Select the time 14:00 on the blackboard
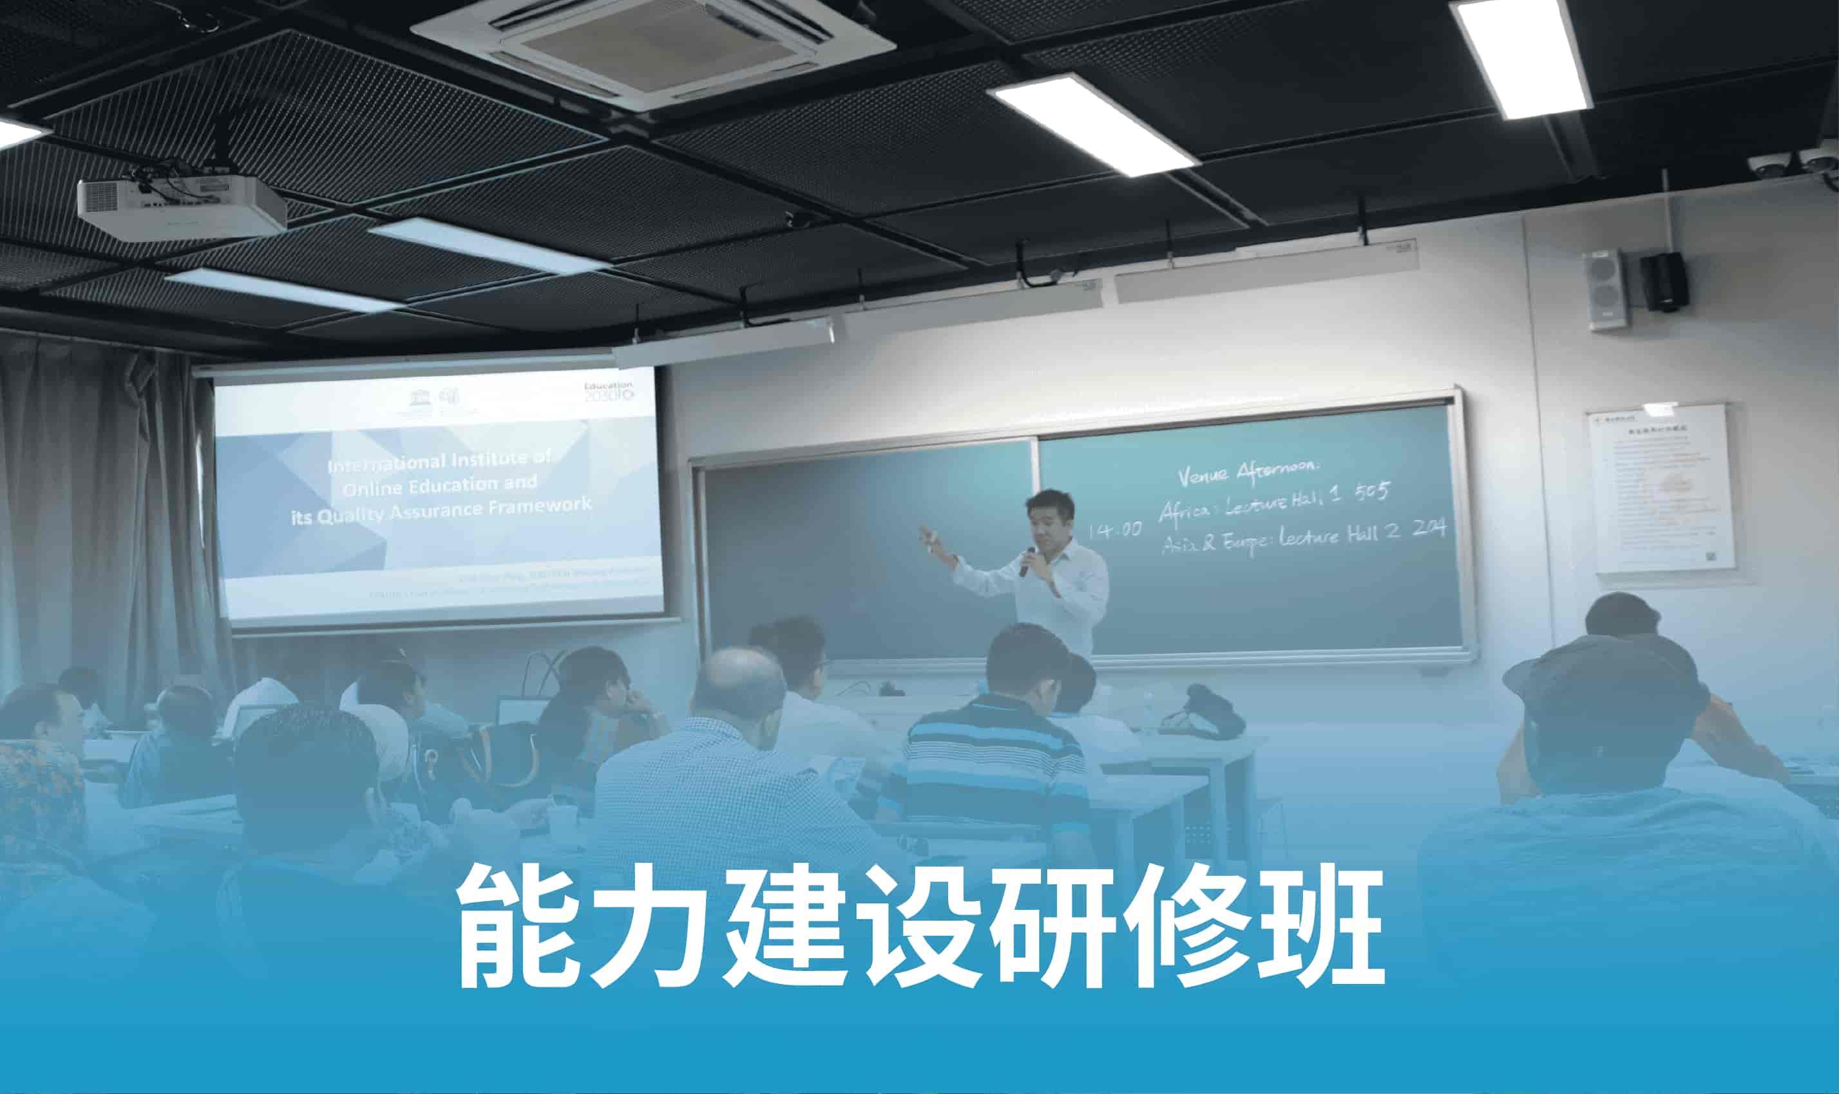[1116, 530]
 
